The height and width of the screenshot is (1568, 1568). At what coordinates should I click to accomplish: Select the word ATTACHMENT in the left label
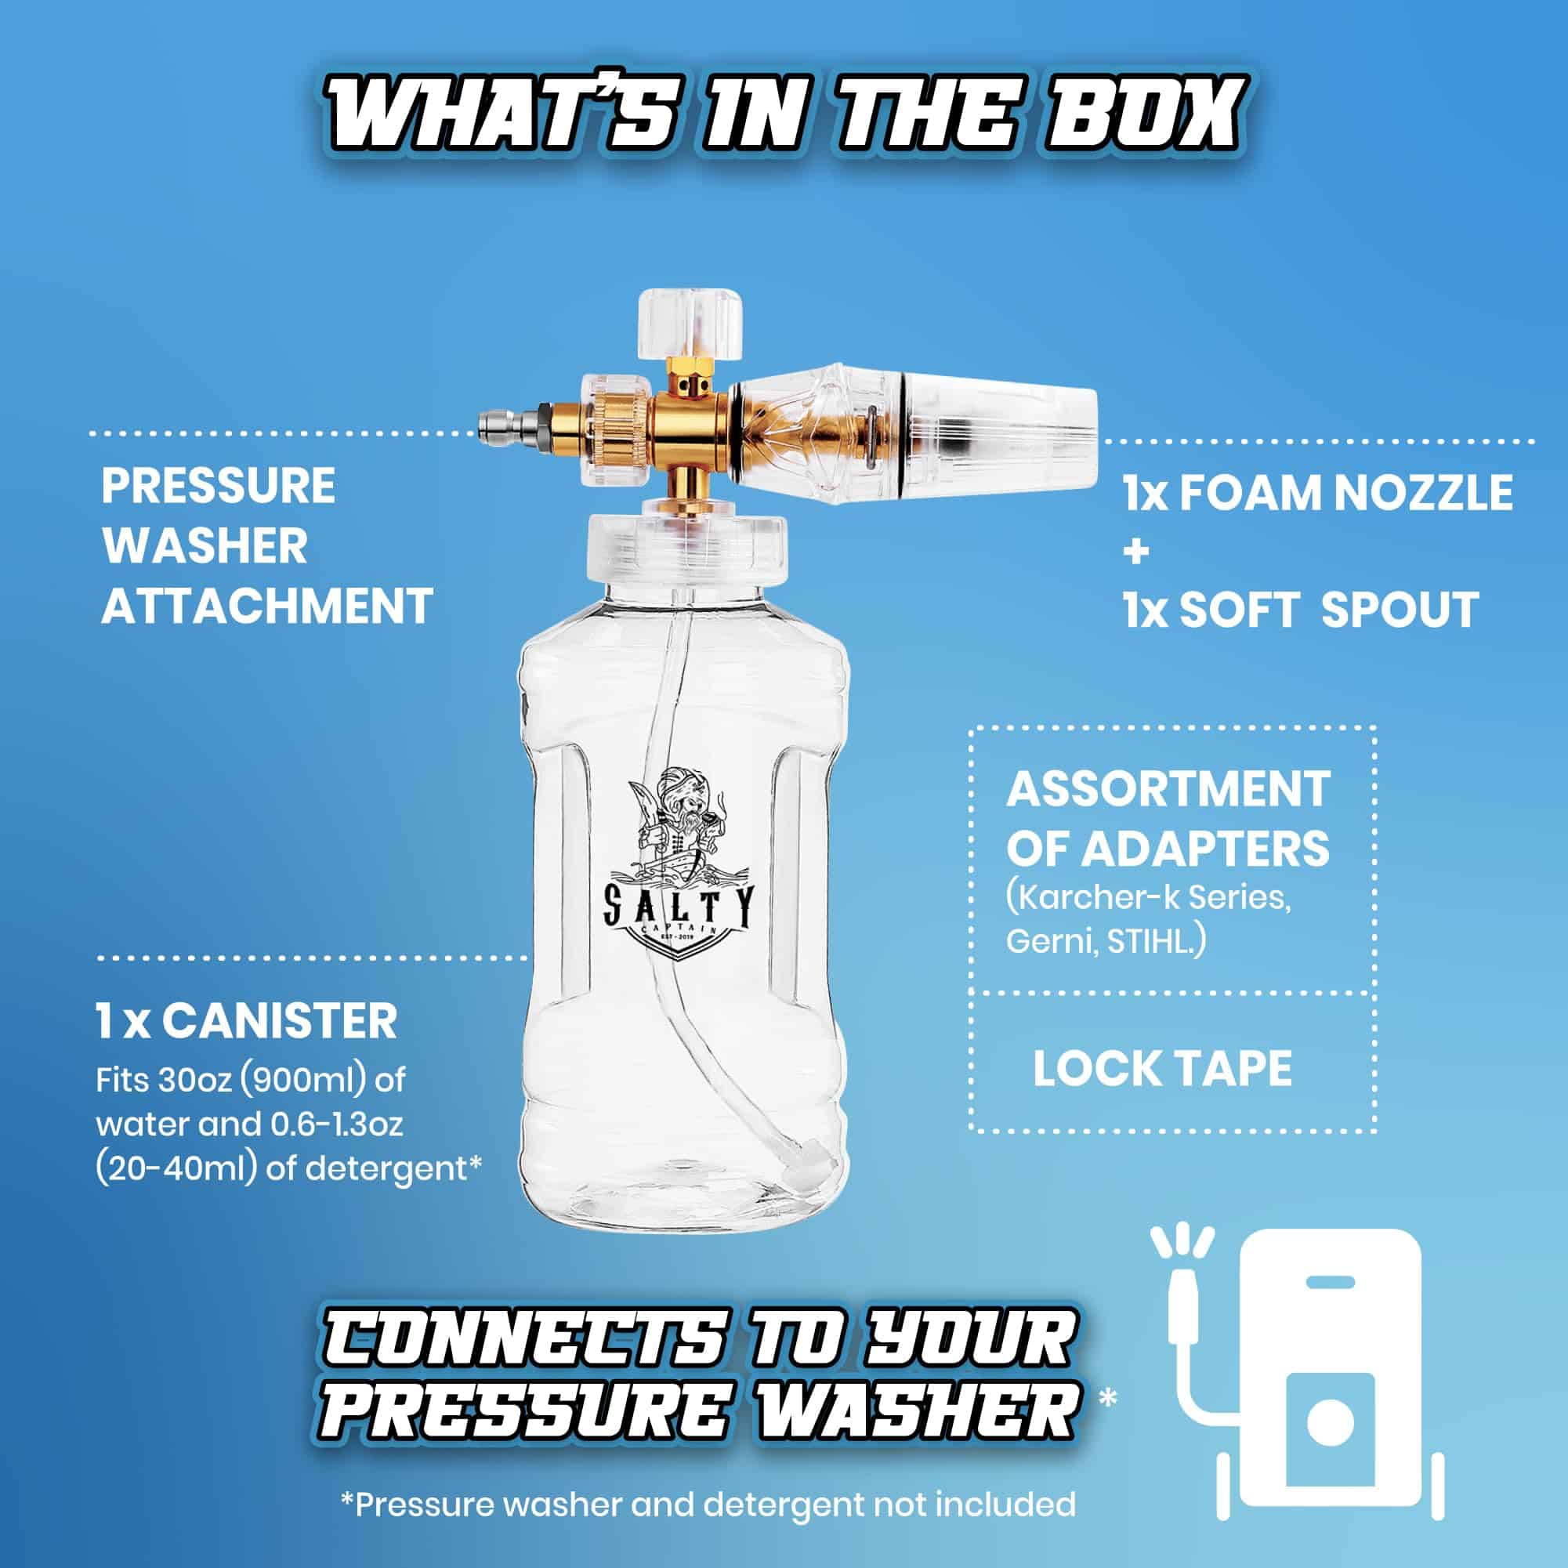pos(267,606)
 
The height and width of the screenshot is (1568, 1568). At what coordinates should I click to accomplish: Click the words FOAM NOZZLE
pos(1346,493)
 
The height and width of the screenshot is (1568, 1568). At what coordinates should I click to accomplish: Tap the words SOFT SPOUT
pos(1328,610)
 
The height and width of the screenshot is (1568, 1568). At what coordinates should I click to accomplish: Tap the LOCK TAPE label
pos(1162,1068)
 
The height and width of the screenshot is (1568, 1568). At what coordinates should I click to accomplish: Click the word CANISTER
pos(279,1021)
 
